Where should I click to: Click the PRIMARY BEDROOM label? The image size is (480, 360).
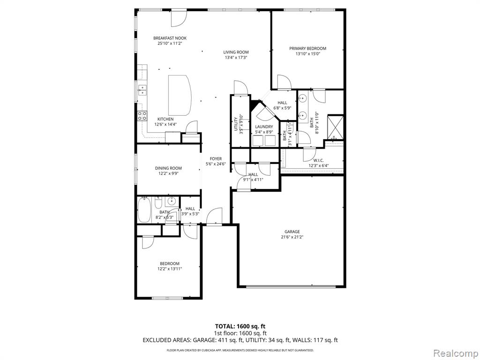coord(307,48)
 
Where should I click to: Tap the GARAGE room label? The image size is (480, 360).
coord(292,232)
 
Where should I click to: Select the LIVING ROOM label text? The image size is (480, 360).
coord(236,52)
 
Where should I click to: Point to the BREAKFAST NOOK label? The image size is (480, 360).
coord(170,38)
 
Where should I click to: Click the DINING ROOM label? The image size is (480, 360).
coord(168,168)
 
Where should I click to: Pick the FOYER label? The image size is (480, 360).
coord(216,158)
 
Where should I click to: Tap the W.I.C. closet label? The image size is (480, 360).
coord(318,160)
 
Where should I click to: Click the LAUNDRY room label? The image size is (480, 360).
coord(264,127)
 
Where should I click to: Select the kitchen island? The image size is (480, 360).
coord(180,95)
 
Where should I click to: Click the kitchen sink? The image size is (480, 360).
coord(142,90)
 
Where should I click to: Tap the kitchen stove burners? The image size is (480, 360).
coord(142,115)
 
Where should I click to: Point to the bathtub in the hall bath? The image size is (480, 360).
coord(144,210)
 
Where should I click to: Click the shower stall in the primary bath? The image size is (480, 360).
coord(336,127)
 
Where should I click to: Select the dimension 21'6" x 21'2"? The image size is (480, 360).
coord(292,237)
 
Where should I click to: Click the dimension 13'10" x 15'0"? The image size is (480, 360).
coord(307,54)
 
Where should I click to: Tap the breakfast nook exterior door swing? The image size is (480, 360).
coord(179,18)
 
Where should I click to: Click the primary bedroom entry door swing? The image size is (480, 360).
coord(285,82)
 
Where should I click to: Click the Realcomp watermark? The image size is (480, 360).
coord(456,353)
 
